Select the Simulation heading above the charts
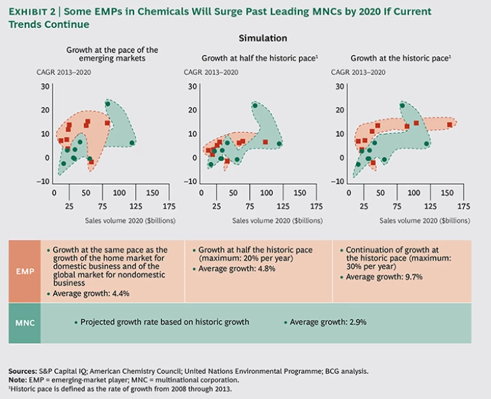[x=262, y=38]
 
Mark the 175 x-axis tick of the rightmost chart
[x=464, y=206]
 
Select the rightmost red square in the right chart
[x=449, y=124]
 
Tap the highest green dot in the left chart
[x=107, y=104]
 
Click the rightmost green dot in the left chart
[x=132, y=143]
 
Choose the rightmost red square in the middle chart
[x=266, y=142]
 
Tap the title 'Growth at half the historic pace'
[x=259, y=58]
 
